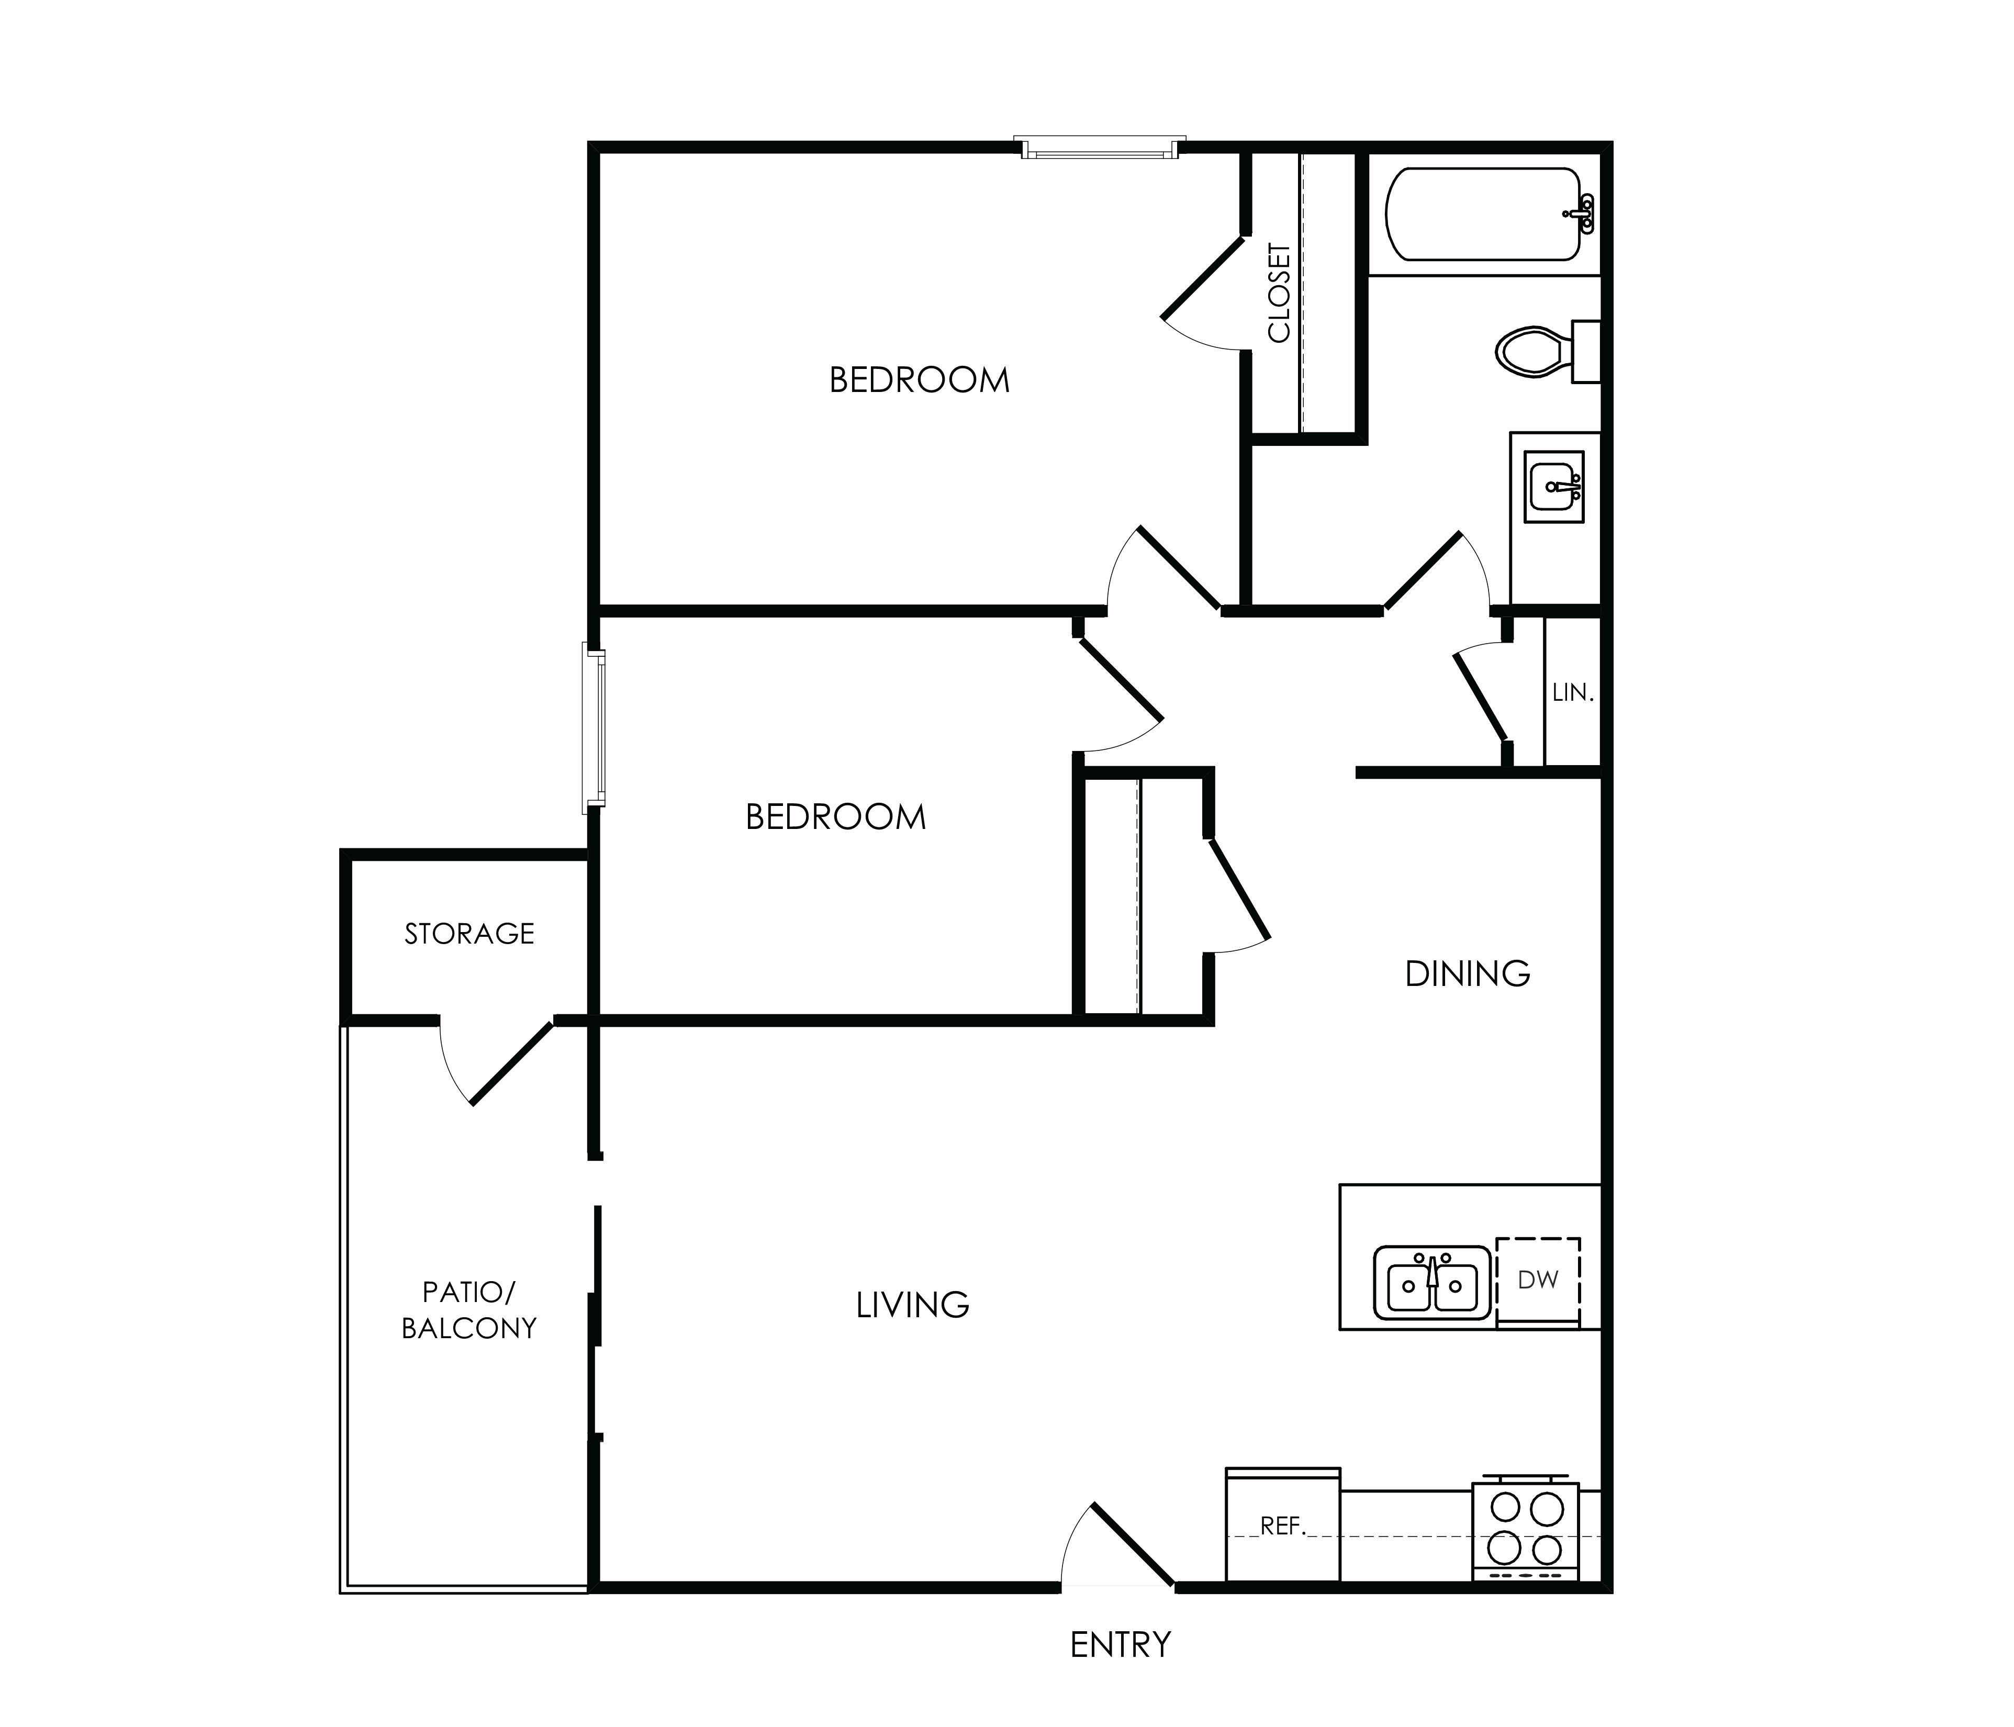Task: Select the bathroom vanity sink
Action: [x=1554, y=486]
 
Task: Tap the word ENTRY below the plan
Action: [x=1121, y=1644]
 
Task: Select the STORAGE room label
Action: [x=469, y=934]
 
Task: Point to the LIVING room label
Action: [x=913, y=1304]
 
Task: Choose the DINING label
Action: [x=1468, y=973]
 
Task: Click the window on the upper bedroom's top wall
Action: [x=1100, y=148]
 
